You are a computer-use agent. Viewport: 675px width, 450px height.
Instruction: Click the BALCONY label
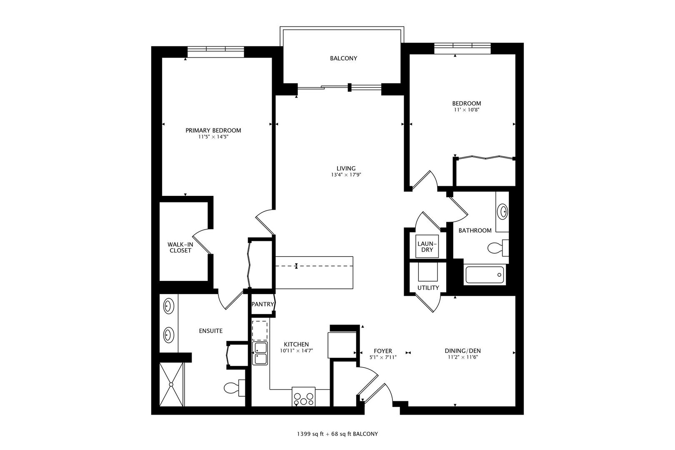(x=343, y=58)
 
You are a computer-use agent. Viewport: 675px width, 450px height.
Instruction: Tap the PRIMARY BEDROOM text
(x=213, y=130)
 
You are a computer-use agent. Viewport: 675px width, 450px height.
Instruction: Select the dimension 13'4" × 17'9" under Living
(x=345, y=175)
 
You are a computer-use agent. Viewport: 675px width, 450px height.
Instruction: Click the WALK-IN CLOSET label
(x=180, y=247)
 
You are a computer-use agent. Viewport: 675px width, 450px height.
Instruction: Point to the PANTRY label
(x=262, y=304)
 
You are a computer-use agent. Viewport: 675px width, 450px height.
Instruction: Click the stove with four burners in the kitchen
(x=303, y=396)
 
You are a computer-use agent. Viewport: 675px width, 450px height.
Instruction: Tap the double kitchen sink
(x=260, y=353)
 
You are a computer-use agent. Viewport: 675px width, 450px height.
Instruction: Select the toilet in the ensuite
(x=232, y=388)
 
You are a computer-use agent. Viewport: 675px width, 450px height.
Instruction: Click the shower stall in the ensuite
(x=171, y=384)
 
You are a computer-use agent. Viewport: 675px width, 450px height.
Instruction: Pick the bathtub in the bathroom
(x=485, y=275)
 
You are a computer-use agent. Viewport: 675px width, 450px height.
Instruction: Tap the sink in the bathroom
(x=503, y=212)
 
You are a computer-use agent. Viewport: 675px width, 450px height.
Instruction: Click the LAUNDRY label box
(x=427, y=247)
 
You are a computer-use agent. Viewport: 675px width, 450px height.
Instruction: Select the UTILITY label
(x=428, y=287)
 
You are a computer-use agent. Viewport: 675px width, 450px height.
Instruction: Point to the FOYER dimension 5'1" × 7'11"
(x=382, y=357)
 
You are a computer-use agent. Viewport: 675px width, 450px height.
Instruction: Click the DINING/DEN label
(x=462, y=351)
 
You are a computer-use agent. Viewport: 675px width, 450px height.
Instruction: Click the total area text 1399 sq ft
(x=310, y=434)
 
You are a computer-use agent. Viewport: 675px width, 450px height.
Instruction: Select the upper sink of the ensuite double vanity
(x=168, y=306)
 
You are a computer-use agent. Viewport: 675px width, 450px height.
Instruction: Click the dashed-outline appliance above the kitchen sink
(x=260, y=330)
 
